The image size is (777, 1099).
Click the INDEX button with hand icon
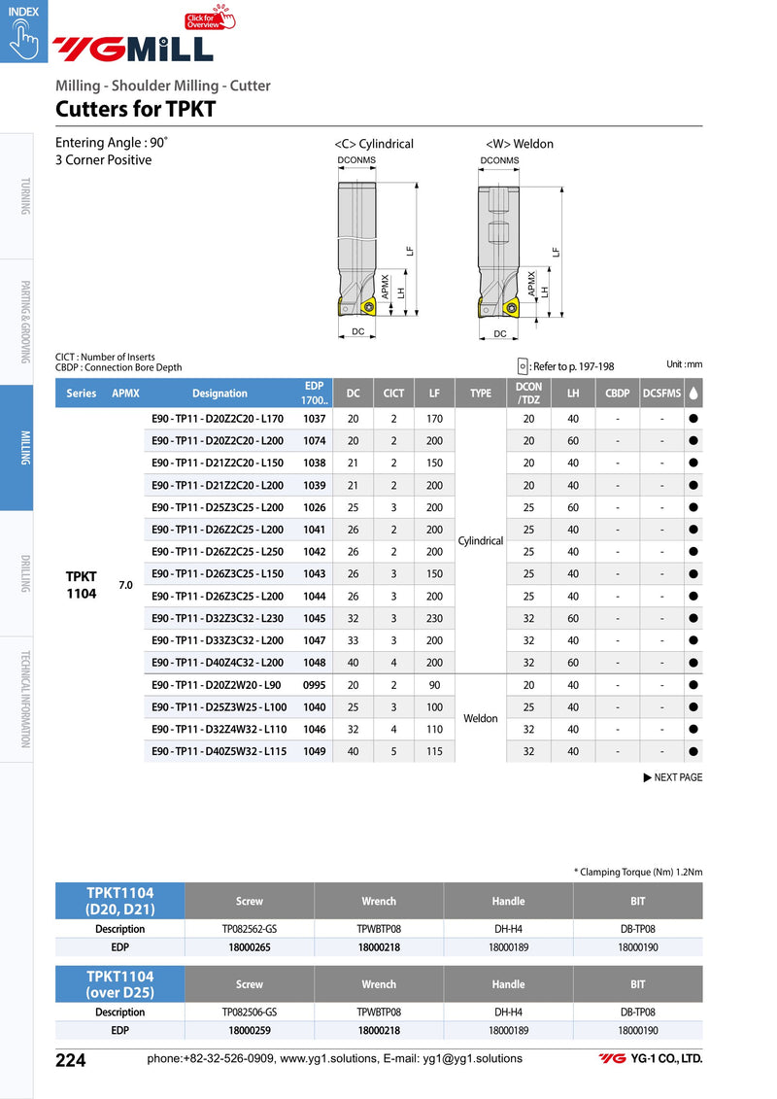pos(23,31)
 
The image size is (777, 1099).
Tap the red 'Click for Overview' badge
pos(210,18)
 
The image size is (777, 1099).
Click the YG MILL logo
pos(133,49)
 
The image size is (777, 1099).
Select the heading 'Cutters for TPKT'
pos(135,110)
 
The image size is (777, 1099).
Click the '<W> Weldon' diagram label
pos(520,144)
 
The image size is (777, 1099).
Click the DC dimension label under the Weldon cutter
pos(499,334)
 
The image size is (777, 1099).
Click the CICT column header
pos(393,394)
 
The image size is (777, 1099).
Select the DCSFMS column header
pos(661,394)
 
